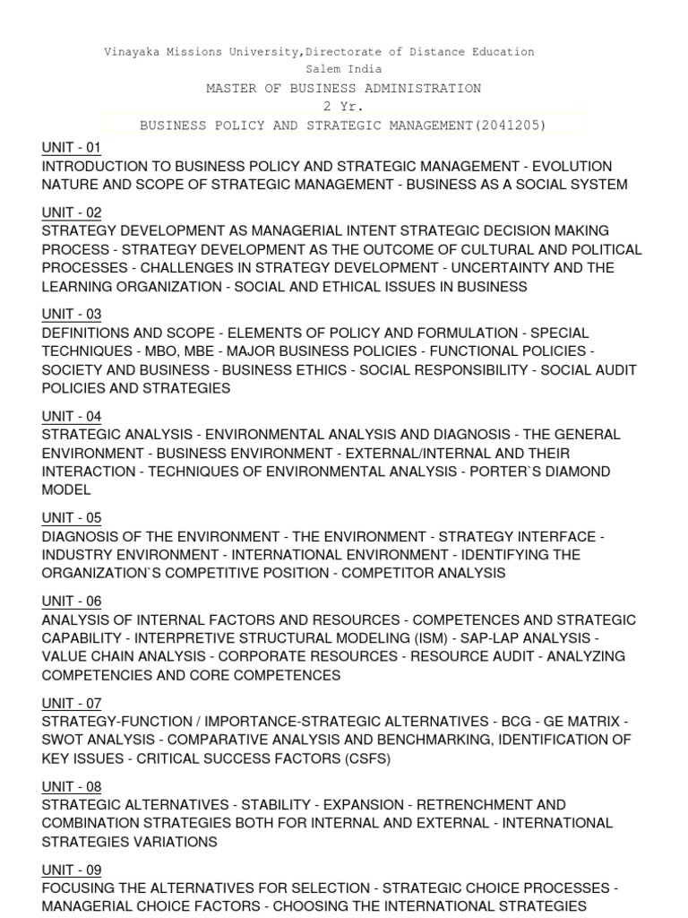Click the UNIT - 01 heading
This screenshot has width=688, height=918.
click(x=72, y=147)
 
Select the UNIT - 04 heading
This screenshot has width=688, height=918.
click(x=72, y=416)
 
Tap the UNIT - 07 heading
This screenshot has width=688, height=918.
click(x=72, y=703)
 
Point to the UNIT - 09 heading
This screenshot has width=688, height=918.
click(x=72, y=870)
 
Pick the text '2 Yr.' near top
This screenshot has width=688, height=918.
click(x=344, y=107)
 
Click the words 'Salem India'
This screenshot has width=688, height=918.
click(x=344, y=69)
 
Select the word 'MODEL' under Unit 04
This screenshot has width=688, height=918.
click(x=66, y=490)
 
